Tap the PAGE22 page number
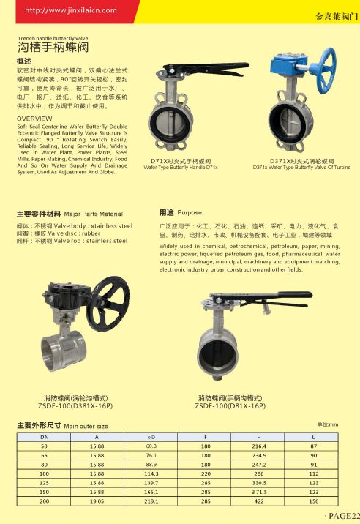click(x=342, y=517)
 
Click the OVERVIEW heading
click(x=34, y=118)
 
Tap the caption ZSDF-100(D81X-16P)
click(x=230, y=405)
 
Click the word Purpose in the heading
click(x=190, y=212)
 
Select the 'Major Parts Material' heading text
click(x=94, y=214)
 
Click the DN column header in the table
click(x=44, y=436)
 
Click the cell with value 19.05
click(x=96, y=501)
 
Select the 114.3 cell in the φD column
click(x=151, y=474)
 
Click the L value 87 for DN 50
click(x=313, y=446)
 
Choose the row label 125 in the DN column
click(x=44, y=483)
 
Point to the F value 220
click(x=206, y=474)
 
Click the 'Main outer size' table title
click(x=86, y=425)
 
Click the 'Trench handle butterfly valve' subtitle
click(x=53, y=37)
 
